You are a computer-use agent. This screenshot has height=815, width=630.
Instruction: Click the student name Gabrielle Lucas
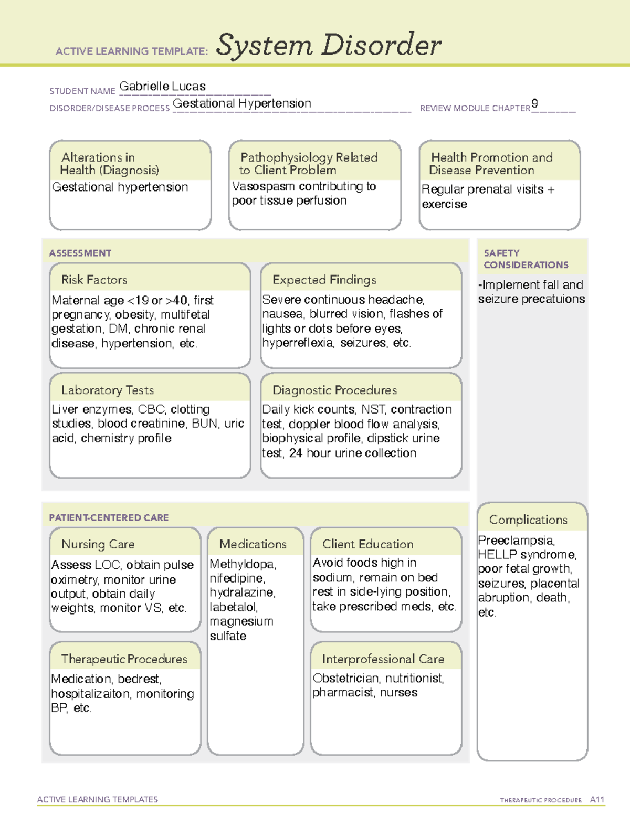pyautogui.click(x=162, y=86)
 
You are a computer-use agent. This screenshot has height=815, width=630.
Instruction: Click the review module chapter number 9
pyautogui.click(x=534, y=103)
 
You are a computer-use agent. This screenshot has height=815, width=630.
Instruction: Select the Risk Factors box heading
pyautogui.click(x=94, y=280)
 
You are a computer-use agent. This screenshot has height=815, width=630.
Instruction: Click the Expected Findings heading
pyautogui.click(x=324, y=280)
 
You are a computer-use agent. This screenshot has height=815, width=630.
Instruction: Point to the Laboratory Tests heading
pyautogui.click(x=107, y=390)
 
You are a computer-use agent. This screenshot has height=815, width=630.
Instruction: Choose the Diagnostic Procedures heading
pyautogui.click(x=334, y=390)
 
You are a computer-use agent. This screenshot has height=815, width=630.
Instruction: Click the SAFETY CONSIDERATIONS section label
pyautogui.click(x=526, y=259)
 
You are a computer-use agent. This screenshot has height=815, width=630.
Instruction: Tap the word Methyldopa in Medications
pyautogui.click(x=242, y=564)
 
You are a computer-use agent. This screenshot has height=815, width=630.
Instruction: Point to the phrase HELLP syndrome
pyautogui.click(x=527, y=554)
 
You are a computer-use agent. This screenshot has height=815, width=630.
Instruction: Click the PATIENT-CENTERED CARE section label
pyautogui.click(x=109, y=517)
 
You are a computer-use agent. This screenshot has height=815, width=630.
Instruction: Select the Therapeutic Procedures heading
pyautogui.click(x=124, y=659)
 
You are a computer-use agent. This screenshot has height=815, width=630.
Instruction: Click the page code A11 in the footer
pyautogui.click(x=597, y=799)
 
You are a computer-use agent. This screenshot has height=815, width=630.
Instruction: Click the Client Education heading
pyautogui.click(x=367, y=544)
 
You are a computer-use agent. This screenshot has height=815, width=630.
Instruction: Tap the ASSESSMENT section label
pyautogui.click(x=80, y=253)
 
